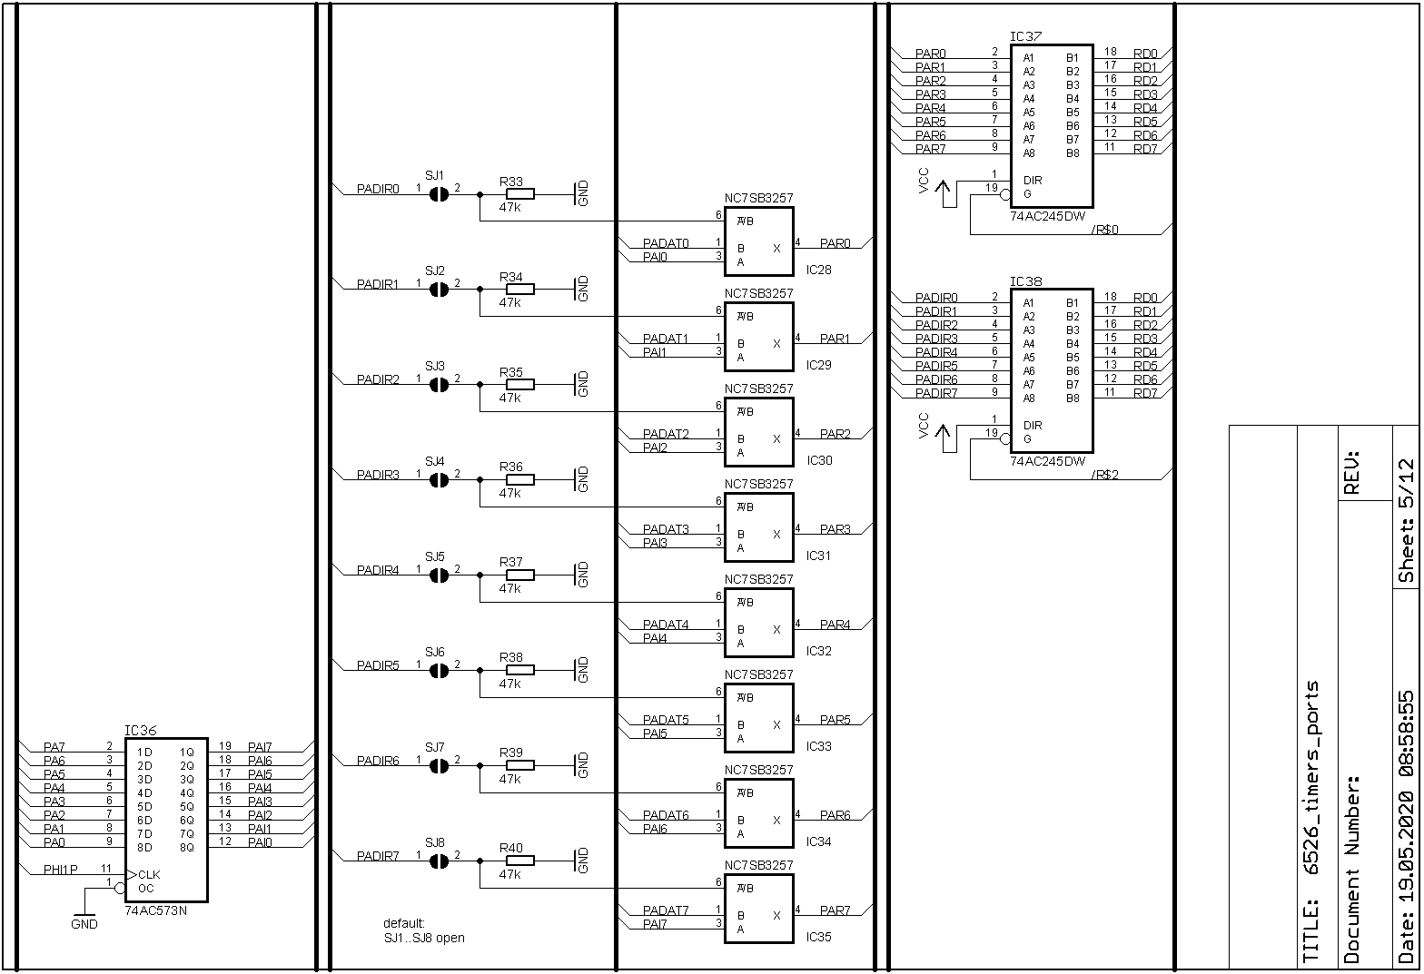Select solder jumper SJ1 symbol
click(x=439, y=193)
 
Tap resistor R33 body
click(x=519, y=193)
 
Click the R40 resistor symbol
click(x=519, y=861)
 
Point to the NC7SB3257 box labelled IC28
click(x=758, y=239)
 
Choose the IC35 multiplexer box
click(x=758, y=906)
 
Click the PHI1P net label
click(x=61, y=870)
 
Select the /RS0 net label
click(x=1104, y=230)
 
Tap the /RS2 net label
click(x=1104, y=475)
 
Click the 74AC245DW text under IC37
click(x=1047, y=216)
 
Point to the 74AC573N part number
click(x=156, y=910)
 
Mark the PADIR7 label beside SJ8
click(x=378, y=856)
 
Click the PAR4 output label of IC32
click(x=836, y=625)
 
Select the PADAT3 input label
click(x=666, y=529)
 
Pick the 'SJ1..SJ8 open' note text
click(x=424, y=938)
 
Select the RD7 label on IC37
click(x=1145, y=149)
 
